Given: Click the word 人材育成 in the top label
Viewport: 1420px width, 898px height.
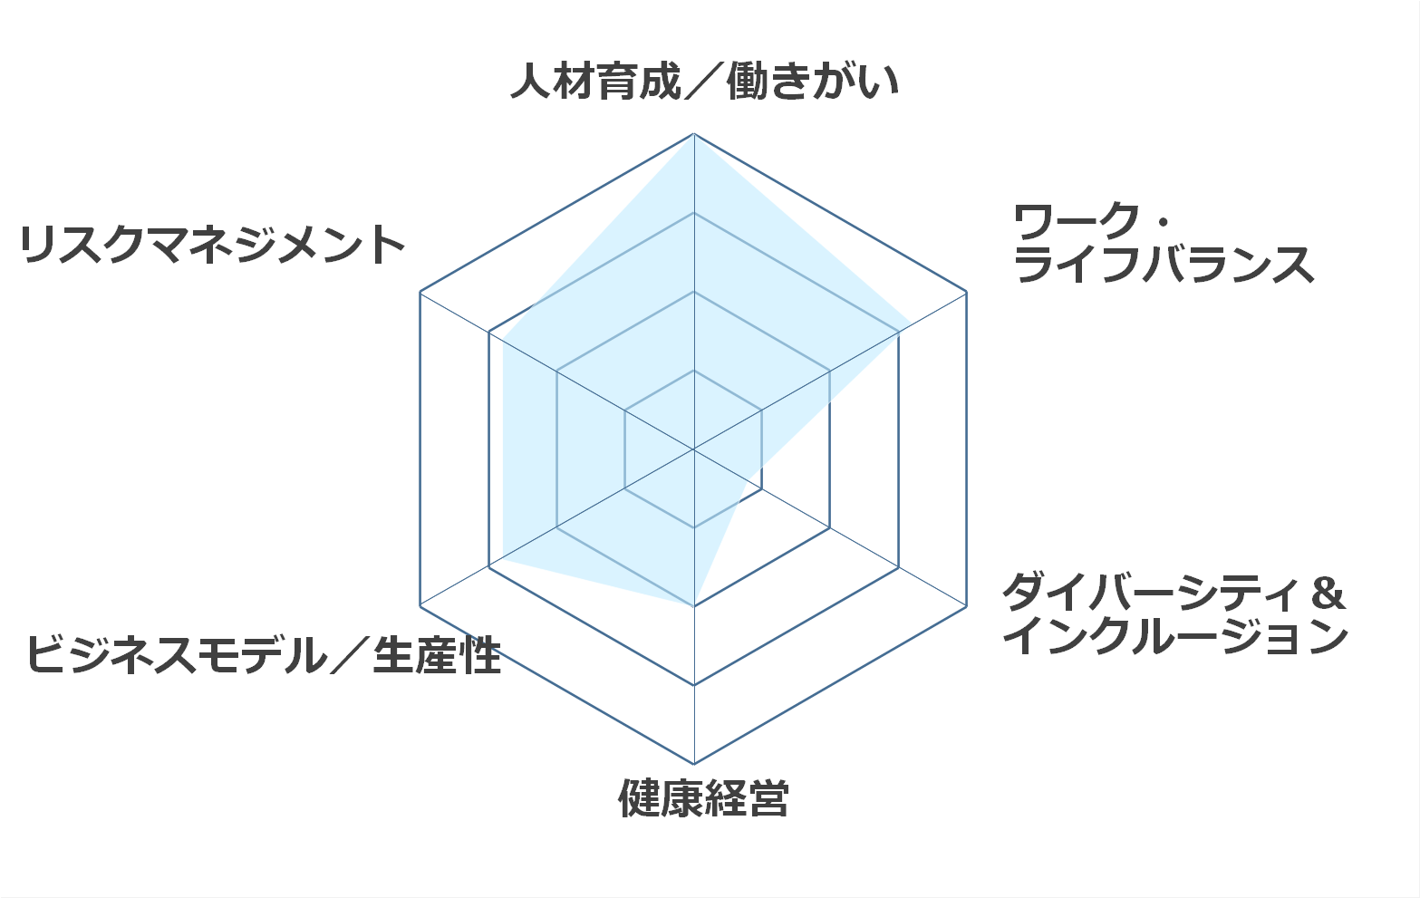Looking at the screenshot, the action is pos(596,82).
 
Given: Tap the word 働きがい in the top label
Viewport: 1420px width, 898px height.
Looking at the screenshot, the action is pos(814,82).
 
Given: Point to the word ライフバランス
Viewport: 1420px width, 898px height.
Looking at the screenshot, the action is pos(1164,264).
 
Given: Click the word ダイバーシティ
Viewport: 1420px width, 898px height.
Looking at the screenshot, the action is pos(1151,592).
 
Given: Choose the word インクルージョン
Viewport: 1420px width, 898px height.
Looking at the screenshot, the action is pos(1175,635).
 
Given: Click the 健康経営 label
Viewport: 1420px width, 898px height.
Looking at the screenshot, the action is pos(704,798).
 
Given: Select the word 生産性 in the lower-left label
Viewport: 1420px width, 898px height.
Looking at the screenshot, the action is pos(438,654).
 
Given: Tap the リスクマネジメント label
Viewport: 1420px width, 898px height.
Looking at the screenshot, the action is pos(212,245).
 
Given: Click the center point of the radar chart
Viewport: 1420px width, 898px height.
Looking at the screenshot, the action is pos(694,449).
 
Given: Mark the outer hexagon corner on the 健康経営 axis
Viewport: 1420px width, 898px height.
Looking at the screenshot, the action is pos(694,764).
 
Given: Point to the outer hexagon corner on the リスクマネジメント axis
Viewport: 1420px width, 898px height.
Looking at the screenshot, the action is pos(420,292).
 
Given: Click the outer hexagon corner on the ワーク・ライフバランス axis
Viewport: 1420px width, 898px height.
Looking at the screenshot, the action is pos(967,292).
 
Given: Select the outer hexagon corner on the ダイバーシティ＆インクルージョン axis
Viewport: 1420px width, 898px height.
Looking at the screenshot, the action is pos(967,606).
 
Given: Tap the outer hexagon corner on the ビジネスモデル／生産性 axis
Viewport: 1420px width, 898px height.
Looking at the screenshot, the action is pos(420,606).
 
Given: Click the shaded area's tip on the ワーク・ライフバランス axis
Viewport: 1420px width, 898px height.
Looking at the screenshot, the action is pos(912,323).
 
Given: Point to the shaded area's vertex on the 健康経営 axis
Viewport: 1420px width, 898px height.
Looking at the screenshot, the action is pos(694,606).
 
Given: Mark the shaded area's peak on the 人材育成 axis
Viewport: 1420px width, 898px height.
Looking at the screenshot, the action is pos(694,135).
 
